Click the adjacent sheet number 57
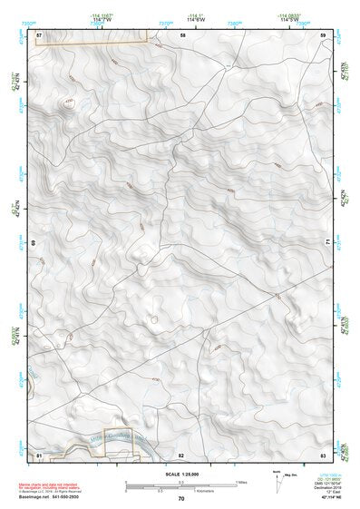click(39, 34)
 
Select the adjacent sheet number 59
click(323, 34)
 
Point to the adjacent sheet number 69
click(35, 243)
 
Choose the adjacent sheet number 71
click(325, 243)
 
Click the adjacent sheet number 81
click(39, 453)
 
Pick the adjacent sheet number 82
click(181, 453)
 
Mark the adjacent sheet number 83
click(323, 453)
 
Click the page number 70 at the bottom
click(181, 499)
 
